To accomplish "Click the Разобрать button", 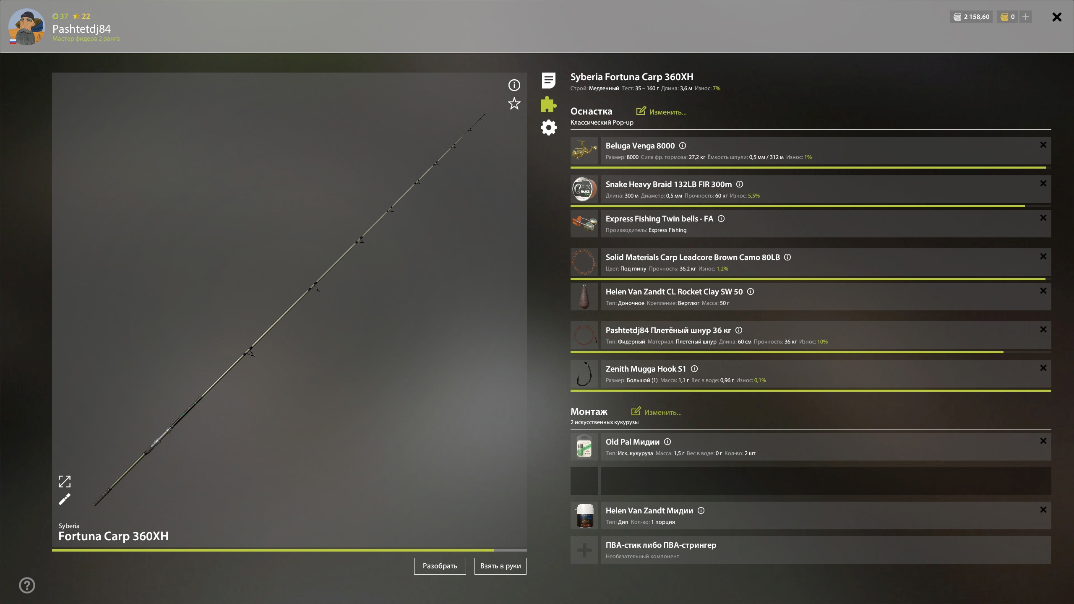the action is click(x=440, y=566).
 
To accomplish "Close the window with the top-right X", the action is click(x=1057, y=17).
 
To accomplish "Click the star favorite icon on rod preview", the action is click(x=514, y=104).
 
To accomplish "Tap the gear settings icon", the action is click(x=548, y=128).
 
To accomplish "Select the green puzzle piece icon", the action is click(x=548, y=104).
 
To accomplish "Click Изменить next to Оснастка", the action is click(x=661, y=112).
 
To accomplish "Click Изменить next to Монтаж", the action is click(x=656, y=412).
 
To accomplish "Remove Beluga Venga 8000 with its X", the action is click(x=1043, y=145).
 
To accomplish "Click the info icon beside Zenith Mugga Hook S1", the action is click(x=694, y=369).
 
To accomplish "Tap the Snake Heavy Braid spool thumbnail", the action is click(x=584, y=189).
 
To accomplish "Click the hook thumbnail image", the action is click(x=584, y=374).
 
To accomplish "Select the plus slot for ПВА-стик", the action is click(x=584, y=550).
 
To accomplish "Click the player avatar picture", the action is click(x=26, y=26).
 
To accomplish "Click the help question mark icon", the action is click(x=27, y=585).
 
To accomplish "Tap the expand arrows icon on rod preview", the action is click(x=65, y=482).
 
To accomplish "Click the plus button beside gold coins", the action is click(x=1026, y=17).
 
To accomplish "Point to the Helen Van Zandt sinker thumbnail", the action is click(x=584, y=297).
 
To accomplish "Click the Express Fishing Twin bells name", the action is click(x=659, y=219).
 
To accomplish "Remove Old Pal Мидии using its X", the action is click(x=1043, y=441).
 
